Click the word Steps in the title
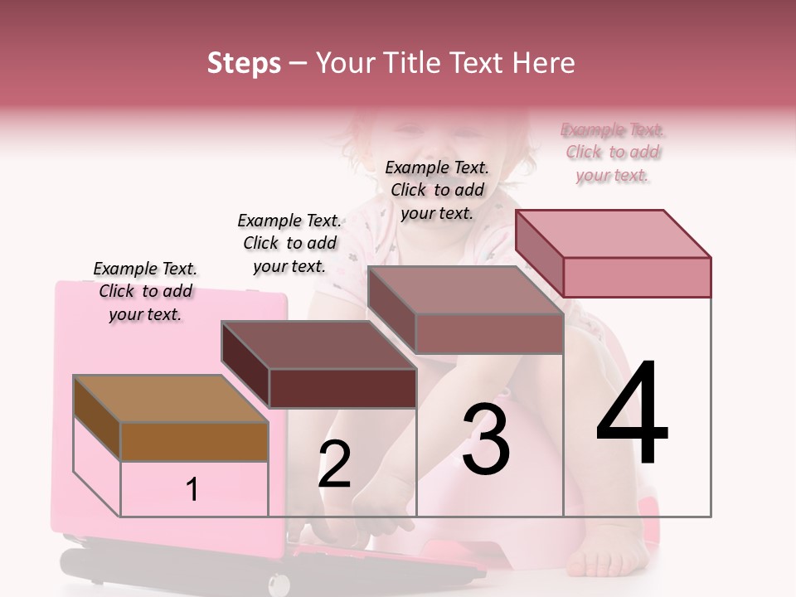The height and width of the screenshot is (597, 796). (x=244, y=63)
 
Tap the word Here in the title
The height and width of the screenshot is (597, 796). (x=544, y=63)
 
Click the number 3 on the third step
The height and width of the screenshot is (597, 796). (x=486, y=439)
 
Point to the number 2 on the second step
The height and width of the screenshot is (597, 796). (x=334, y=464)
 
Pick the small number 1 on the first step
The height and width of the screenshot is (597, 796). (x=192, y=490)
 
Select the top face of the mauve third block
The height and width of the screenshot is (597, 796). (x=464, y=290)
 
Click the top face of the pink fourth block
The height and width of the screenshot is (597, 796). (x=614, y=234)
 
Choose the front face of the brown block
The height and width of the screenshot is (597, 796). (x=195, y=442)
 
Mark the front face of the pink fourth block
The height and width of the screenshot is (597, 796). (x=637, y=277)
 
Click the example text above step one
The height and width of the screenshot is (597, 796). (x=145, y=291)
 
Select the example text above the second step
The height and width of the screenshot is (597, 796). (x=289, y=243)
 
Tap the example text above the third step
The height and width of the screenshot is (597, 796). (x=437, y=190)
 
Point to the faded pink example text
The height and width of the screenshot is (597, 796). (x=612, y=153)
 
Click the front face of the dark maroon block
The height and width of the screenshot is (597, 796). (x=342, y=388)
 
